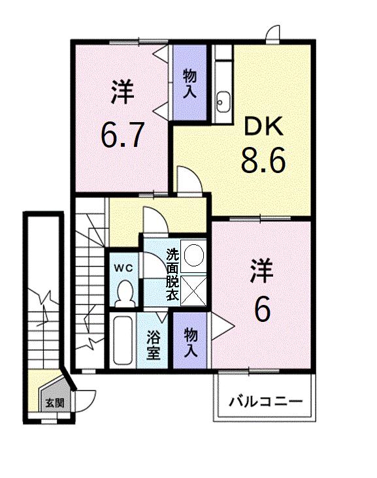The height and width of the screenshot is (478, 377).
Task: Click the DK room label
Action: click(x=263, y=127)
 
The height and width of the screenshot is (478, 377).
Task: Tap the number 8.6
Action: click(x=263, y=161)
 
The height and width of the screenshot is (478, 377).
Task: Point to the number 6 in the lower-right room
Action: click(x=261, y=310)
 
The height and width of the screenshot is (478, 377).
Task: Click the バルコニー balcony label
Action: click(x=265, y=400)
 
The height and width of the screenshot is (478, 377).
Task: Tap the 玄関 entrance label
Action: click(x=54, y=402)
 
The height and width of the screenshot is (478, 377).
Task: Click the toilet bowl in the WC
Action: click(x=123, y=292)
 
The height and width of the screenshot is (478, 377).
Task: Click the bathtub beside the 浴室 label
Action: click(x=122, y=341)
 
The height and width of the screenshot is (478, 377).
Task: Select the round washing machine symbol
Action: click(x=193, y=254)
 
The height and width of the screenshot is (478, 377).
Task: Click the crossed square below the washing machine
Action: click(x=193, y=289)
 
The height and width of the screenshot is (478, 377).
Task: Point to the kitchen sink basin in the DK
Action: click(x=223, y=101)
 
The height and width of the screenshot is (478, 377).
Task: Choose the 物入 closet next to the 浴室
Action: click(x=191, y=342)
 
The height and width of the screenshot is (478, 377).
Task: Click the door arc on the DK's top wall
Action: click(x=272, y=33)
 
